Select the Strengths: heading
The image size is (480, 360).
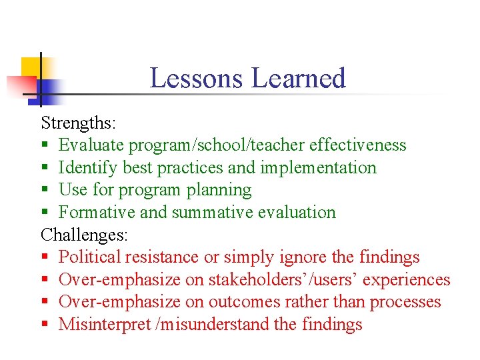[79, 123]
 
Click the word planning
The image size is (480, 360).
[219, 190]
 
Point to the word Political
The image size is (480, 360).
[89, 257]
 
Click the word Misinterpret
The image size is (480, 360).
[104, 325]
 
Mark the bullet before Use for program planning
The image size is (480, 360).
[44, 191]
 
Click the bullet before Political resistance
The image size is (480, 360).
[44, 258]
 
